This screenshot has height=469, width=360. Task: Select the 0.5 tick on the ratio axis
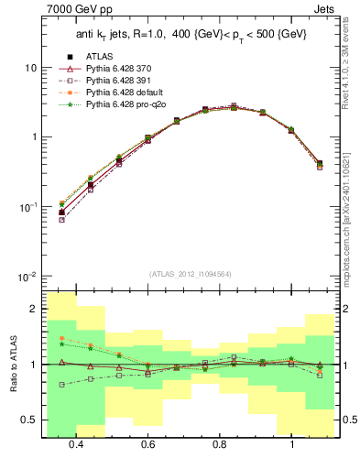tap(31, 420)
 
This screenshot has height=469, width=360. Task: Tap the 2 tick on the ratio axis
tap(34, 309)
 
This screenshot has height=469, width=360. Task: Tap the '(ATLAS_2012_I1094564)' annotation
tap(190, 273)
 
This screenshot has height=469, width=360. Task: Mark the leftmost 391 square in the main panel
tap(61, 220)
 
